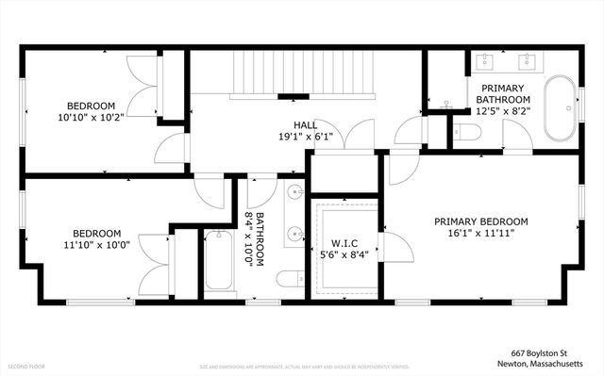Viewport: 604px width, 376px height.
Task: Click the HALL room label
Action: point(304,123)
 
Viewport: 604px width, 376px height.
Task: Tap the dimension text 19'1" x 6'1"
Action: point(304,137)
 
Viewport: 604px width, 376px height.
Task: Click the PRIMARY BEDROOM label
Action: point(480,221)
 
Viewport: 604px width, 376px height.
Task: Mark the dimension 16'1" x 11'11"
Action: point(480,234)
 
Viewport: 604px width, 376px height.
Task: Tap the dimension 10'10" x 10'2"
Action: point(91,119)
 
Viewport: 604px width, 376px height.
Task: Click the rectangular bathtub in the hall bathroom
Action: point(219,262)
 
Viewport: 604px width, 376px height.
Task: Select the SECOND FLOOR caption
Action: point(26,366)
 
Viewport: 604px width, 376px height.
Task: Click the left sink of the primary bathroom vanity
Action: point(485,63)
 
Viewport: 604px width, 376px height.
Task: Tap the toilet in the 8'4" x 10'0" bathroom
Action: point(291,278)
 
